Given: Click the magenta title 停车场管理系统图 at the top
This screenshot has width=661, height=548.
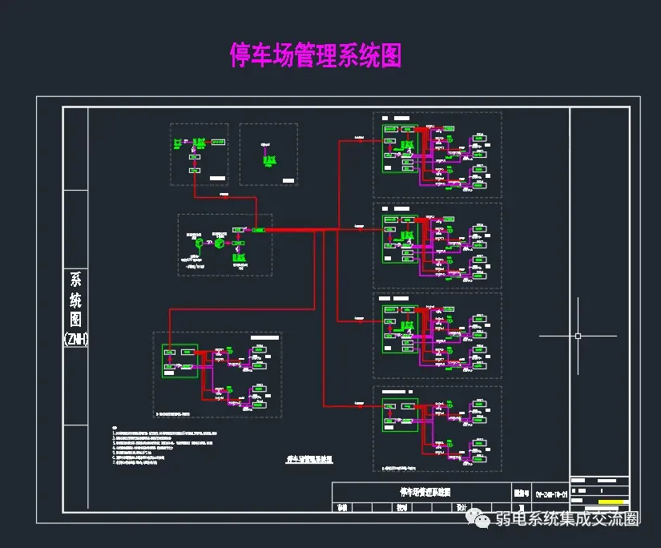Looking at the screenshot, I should click(x=316, y=55).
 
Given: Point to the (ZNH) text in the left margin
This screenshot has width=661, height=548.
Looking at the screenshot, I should click(x=75, y=339).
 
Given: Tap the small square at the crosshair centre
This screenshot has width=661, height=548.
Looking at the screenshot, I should click(x=578, y=336).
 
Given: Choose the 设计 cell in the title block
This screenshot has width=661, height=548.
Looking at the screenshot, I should click(x=461, y=507).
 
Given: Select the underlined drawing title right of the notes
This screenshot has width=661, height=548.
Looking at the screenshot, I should click(x=309, y=460).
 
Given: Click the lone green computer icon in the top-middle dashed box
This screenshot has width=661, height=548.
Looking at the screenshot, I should click(x=268, y=159).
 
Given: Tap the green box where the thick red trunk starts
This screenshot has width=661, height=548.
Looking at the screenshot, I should click(x=258, y=230).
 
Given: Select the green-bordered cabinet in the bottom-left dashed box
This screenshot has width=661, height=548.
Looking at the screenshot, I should click(x=179, y=361).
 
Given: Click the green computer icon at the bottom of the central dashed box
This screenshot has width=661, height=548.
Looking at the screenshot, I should click(x=238, y=256).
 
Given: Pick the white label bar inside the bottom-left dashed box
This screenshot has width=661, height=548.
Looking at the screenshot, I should click(x=265, y=339).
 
